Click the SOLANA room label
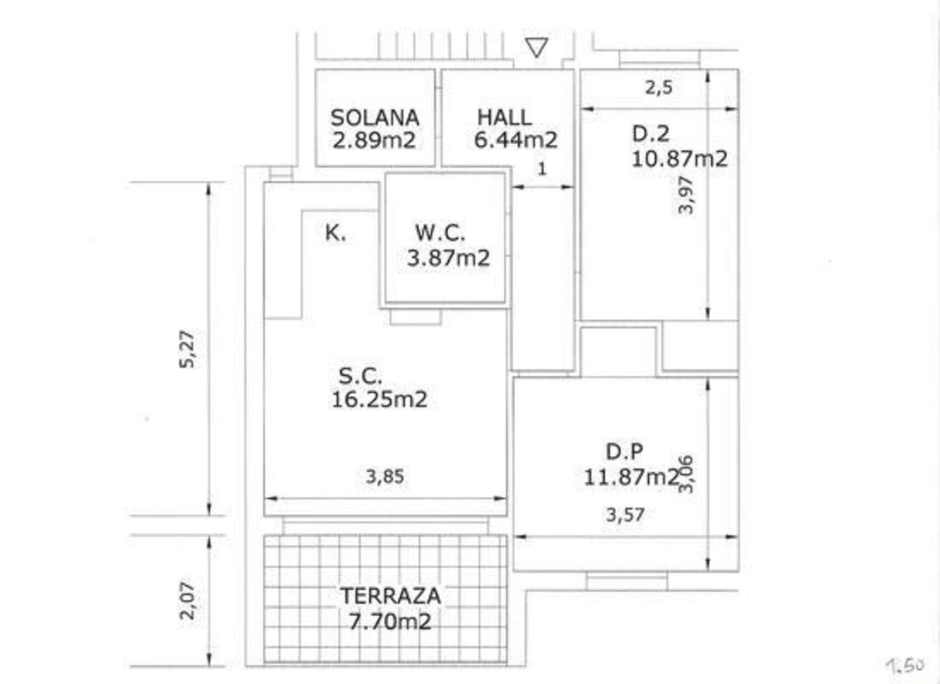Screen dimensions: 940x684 (375, 118)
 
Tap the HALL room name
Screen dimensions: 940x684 (504, 117)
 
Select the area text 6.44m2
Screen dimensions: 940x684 (516, 140)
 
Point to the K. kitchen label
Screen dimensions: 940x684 (335, 233)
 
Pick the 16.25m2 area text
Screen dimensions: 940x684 (379, 399)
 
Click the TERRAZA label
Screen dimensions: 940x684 (390, 596)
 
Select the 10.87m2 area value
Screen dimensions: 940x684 (680, 159)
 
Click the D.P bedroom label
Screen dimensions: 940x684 (624, 452)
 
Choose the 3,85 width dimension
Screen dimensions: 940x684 (385, 477)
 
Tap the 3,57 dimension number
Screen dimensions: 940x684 (625, 515)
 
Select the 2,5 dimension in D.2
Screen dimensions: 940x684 (659, 87)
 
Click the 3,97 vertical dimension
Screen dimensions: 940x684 (686, 195)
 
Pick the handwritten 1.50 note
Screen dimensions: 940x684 (905, 665)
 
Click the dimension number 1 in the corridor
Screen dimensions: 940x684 (542, 169)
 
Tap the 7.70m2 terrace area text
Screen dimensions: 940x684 (390, 622)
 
